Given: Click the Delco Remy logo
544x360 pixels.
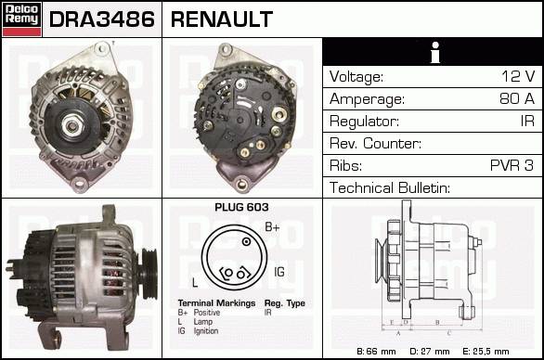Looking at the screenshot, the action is tap(21, 19).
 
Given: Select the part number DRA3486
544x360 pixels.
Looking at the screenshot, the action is tap(102, 19).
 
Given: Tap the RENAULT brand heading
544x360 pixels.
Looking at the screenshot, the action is tap(222, 19).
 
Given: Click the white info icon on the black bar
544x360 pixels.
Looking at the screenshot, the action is tap(435, 52).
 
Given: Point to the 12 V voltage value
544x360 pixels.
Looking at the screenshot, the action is tap(518, 76).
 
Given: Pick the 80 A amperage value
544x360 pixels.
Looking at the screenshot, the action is tap(517, 98).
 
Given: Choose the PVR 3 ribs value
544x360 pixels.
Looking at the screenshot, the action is tap(512, 165).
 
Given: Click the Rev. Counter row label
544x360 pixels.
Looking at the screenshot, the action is tap(375, 143).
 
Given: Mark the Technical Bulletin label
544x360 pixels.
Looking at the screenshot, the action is tap(390, 187).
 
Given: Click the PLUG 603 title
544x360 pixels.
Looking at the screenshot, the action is tap(241, 207).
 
